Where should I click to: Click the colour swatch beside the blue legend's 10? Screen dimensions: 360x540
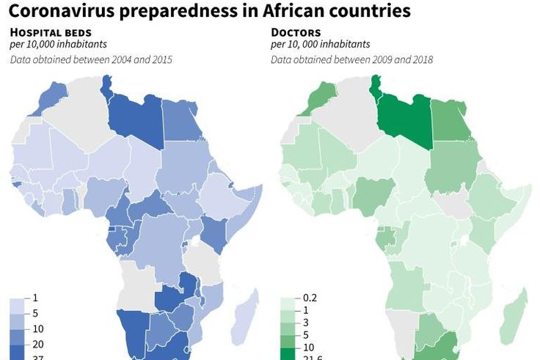pos(18,328)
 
